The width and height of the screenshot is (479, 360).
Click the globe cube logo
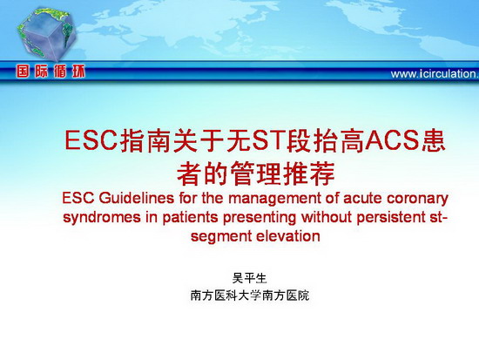[x=46, y=34]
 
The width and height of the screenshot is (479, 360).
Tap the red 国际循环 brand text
[x=51, y=71]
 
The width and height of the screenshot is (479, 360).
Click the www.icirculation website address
[x=435, y=74]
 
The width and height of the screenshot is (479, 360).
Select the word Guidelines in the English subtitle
[x=137, y=198]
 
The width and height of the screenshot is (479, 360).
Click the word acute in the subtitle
[x=362, y=199]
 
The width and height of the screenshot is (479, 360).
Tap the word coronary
[x=417, y=200]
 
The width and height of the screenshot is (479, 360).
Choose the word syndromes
[x=102, y=218]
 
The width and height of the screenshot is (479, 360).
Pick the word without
[x=327, y=217]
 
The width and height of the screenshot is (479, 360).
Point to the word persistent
[x=391, y=218]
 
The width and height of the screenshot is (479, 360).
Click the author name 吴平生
[x=250, y=278]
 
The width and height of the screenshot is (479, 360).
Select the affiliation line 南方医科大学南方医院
[x=250, y=295]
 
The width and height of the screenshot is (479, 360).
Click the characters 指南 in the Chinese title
[x=145, y=141]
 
